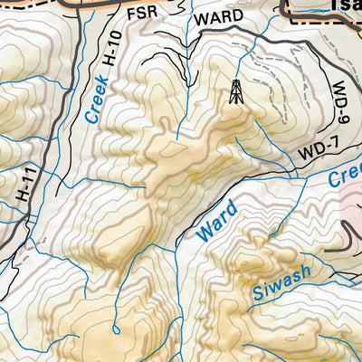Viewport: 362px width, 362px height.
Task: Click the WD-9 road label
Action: pos(341,107)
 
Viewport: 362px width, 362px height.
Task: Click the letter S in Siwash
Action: pos(255,295)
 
